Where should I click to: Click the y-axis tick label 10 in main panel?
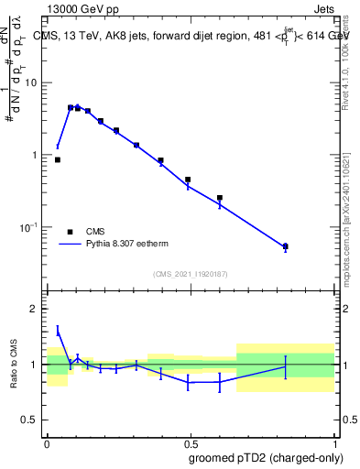click(31, 82)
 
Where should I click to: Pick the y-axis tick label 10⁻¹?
click(29, 227)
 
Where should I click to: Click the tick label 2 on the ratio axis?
click(34, 310)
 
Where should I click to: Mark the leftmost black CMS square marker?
click(58, 159)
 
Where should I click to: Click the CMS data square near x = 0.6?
click(220, 198)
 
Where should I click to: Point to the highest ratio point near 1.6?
click(58, 331)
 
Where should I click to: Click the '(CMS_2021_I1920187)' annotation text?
click(190, 274)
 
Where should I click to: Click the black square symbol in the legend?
click(70, 232)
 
